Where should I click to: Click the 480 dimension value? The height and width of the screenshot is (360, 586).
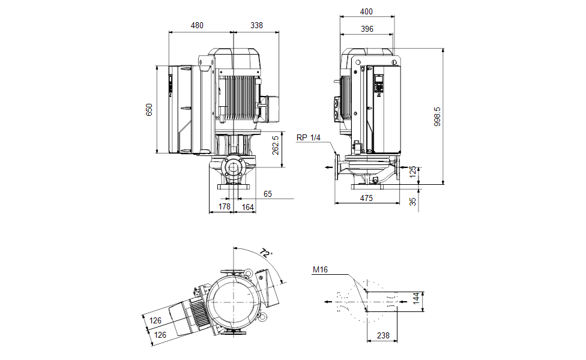[x=197, y=26]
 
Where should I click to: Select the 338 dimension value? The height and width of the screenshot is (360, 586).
[x=256, y=26]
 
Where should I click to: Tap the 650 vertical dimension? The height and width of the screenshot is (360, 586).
[x=150, y=109]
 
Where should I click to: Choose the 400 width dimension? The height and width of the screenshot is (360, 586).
[x=367, y=12]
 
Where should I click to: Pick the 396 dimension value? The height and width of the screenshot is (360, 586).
[x=367, y=29]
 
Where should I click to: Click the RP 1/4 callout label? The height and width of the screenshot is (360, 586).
[x=309, y=137]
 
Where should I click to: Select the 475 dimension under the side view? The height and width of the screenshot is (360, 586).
[x=366, y=198]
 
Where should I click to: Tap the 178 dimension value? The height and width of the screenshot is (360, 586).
[x=225, y=207]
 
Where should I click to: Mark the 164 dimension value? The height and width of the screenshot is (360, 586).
[x=247, y=207]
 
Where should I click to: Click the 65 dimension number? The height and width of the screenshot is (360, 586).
[x=268, y=194]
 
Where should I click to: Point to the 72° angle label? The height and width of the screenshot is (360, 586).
[x=266, y=253]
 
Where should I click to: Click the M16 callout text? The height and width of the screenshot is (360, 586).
[x=320, y=270]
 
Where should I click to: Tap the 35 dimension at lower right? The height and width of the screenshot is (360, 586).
[x=413, y=202]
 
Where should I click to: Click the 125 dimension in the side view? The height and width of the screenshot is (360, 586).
[x=412, y=173]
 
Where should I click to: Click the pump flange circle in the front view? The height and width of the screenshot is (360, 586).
[x=232, y=167]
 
